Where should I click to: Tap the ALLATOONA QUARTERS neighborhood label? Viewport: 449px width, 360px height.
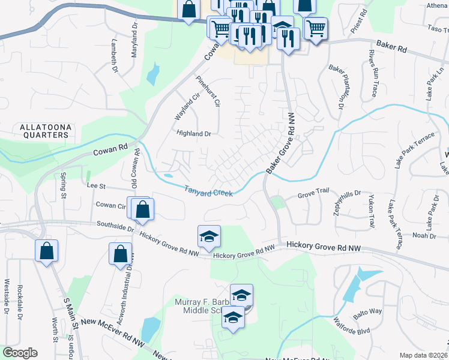tap(44, 131)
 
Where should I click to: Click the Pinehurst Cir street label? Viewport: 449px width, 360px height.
tap(208, 91)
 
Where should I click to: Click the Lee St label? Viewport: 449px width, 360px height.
tap(96, 187)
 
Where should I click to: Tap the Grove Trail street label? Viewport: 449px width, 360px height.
tap(315, 196)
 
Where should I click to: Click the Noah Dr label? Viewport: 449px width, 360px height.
tap(424, 235)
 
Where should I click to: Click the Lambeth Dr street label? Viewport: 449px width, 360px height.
tap(114, 56)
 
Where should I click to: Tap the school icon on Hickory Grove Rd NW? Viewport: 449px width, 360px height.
tap(209, 236)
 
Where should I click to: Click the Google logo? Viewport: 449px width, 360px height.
tap(20, 353)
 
